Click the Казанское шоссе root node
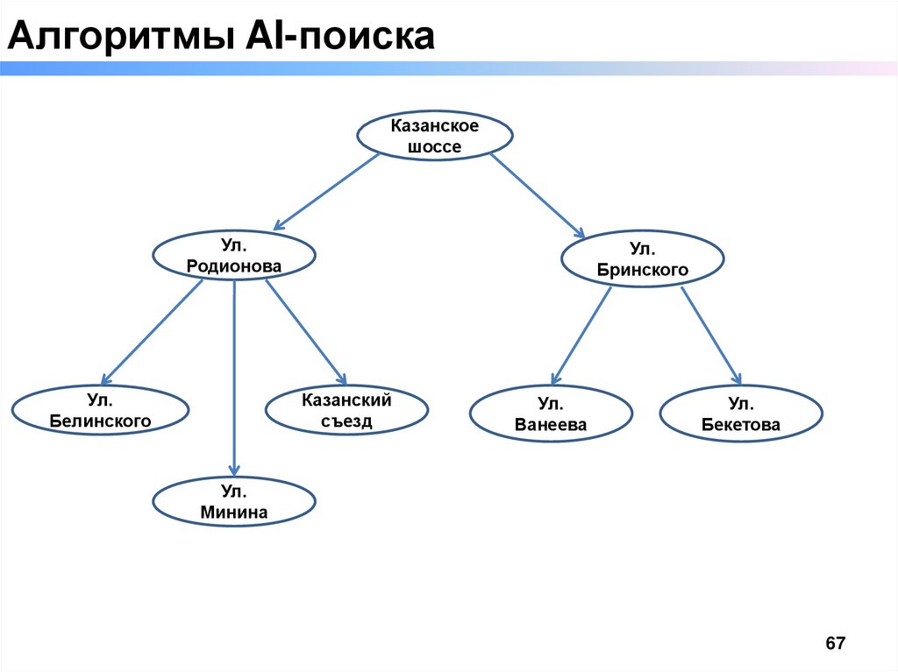[x=434, y=136]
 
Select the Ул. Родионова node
[x=234, y=255]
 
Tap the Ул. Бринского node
[x=642, y=259]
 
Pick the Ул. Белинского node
[x=101, y=412]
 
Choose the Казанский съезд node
[x=346, y=410]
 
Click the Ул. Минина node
[x=234, y=502]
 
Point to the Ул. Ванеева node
[x=551, y=414]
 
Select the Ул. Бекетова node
[x=741, y=414]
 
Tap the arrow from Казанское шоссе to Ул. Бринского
[x=537, y=195]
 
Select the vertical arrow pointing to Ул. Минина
[x=234, y=377]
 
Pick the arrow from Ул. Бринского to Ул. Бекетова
[x=712, y=336]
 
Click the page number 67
[x=835, y=644]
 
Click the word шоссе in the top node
[x=434, y=146]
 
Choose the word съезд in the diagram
[x=346, y=421]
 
